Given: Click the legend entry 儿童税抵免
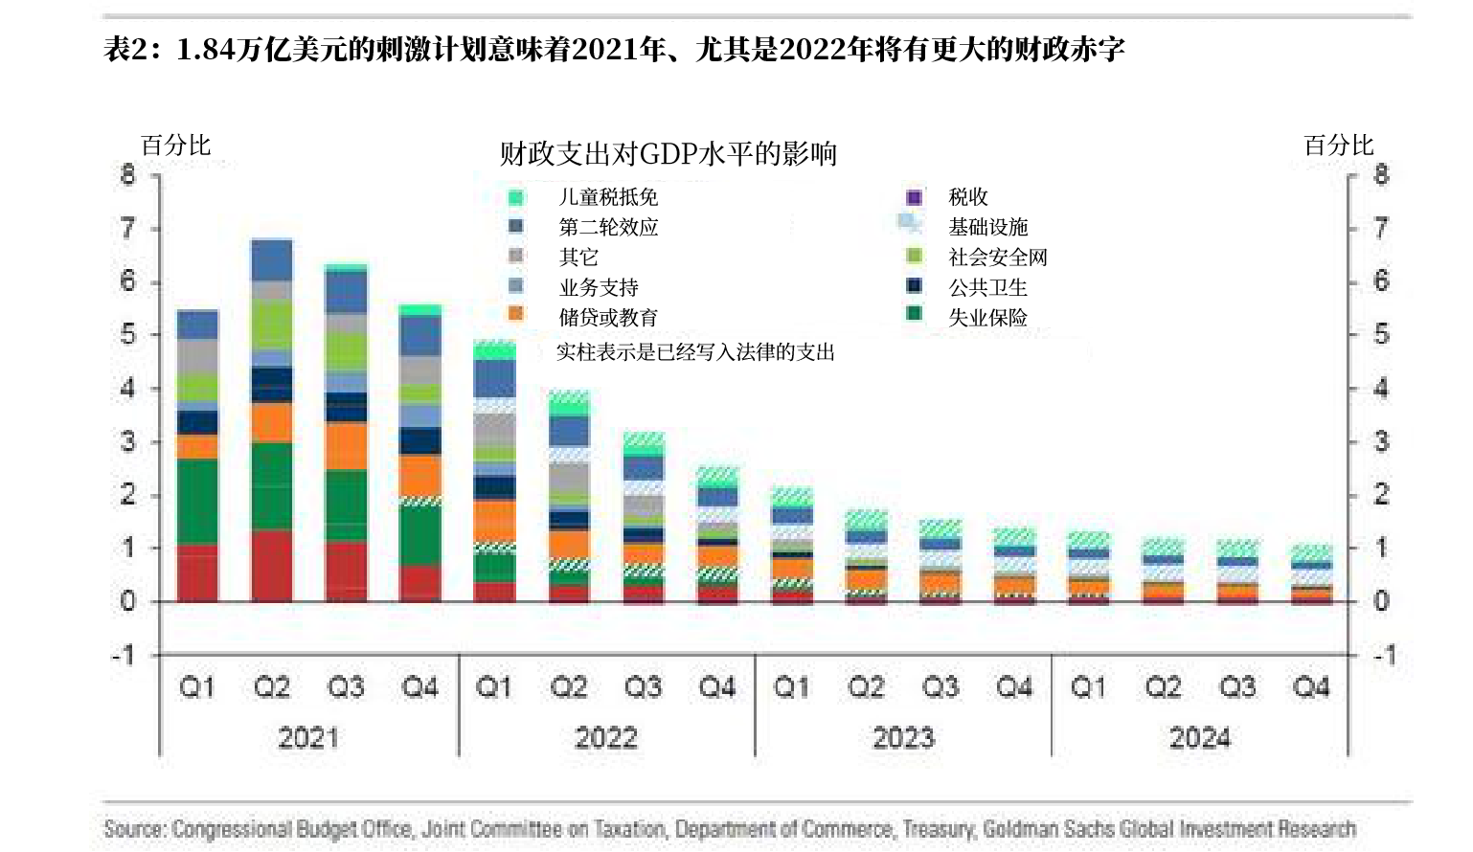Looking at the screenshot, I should click(608, 197).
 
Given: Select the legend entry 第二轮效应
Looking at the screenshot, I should click(608, 227).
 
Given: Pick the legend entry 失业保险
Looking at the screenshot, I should click(987, 318).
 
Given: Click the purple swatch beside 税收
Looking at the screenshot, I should click(914, 197).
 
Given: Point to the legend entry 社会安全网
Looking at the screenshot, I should click(997, 257).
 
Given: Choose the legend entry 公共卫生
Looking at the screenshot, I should click(987, 287).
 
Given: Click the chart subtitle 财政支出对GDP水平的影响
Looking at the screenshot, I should click(668, 153).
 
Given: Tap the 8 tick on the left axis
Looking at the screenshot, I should click(128, 175).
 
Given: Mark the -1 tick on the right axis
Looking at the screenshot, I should click(1383, 656).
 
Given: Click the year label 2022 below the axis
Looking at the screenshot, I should click(605, 738).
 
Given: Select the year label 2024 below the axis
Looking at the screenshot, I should click(1199, 738).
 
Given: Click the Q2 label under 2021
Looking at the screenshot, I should click(272, 687).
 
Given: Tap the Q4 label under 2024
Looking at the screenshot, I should click(1310, 687).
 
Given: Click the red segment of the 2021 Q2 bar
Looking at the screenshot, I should click(272, 565).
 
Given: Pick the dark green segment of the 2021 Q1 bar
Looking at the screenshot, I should click(197, 502).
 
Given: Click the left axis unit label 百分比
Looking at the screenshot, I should click(175, 146).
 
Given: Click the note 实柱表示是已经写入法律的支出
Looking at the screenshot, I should click(695, 352).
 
